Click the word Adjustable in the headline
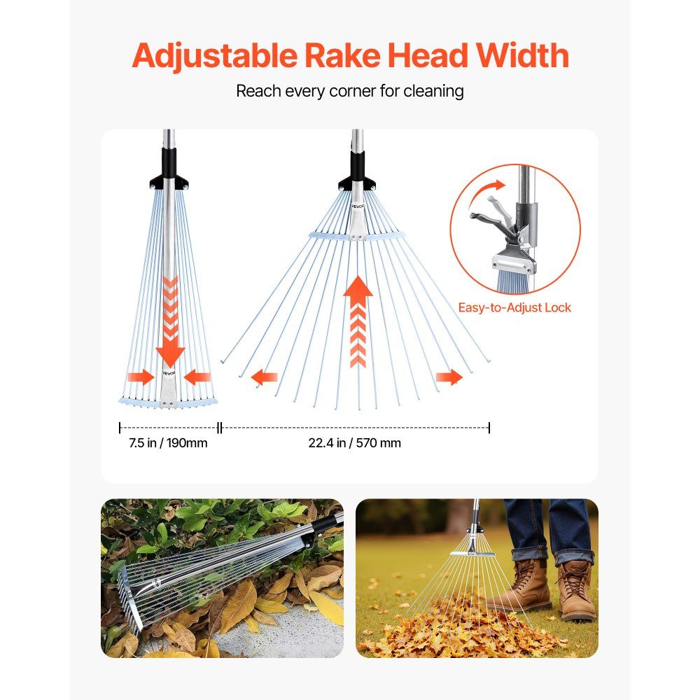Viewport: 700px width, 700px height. (214, 56)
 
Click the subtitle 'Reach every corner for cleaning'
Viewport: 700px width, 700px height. (350, 91)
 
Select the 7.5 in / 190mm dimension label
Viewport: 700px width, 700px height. (168, 443)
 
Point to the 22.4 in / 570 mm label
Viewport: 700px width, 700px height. (354, 443)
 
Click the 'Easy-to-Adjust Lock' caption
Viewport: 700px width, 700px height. (514, 307)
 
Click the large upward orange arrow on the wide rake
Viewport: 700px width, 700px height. (358, 321)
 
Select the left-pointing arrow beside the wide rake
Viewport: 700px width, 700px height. (265, 378)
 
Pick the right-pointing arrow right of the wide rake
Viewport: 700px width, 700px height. (449, 377)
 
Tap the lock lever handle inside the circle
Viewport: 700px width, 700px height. (491, 218)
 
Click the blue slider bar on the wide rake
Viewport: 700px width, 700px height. (356, 236)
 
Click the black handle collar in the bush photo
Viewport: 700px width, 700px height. (322, 528)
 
